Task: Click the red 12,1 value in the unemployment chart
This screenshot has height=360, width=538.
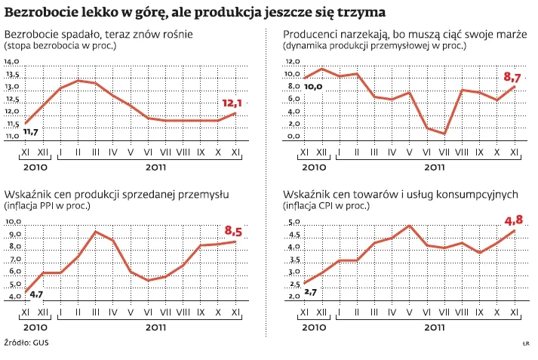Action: [232, 103]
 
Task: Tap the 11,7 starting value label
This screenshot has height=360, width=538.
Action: [31, 132]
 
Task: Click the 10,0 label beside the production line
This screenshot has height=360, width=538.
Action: [313, 87]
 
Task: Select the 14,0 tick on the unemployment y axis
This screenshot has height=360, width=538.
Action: [13, 62]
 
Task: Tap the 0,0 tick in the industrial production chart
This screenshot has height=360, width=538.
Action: [294, 137]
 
